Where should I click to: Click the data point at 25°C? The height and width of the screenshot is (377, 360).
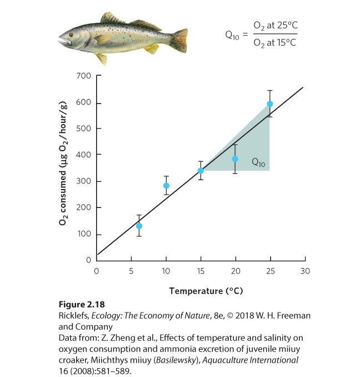coord(270,104)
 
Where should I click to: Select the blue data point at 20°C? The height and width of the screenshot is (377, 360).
coord(235,158)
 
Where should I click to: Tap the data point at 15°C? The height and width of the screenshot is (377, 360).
coord(201,171)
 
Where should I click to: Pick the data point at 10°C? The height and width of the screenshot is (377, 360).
coord(166,185)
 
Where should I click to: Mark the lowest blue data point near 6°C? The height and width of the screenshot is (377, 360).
coord(139,226)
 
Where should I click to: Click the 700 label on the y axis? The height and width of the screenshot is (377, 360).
coord(83,76)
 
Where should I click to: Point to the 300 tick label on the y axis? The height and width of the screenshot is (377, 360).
coord(83,181)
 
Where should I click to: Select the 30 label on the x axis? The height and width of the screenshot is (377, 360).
coord(305,271)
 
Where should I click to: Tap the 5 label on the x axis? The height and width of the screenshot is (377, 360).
coord(131,271)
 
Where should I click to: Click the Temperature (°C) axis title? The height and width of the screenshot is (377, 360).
coord(206,291)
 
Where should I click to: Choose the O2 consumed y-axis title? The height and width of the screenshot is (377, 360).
coord(63,163)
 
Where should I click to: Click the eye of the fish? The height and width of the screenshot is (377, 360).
coord(71,35)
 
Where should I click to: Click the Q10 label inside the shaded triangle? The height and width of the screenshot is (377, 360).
coord(258,162)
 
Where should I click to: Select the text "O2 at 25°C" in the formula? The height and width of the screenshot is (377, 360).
coord(276,26)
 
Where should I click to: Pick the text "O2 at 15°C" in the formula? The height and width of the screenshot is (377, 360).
coord(275,43)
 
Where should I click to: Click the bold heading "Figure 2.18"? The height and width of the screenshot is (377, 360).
coord(82,304)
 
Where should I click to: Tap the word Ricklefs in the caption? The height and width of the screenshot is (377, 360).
coord(73,315)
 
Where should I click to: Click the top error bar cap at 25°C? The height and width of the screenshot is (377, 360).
coord(270,91)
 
